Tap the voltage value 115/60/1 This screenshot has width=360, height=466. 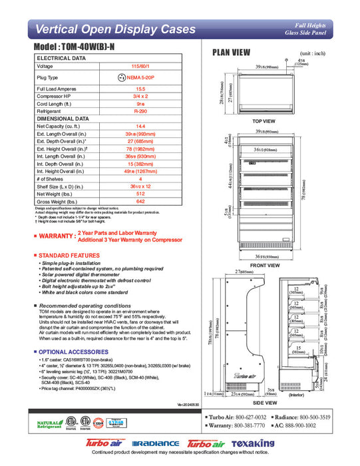[140, 67]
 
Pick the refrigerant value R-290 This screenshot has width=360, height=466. [140, 111]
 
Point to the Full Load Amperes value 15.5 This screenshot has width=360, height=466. [140, 89]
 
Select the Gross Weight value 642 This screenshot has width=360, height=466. [140, 201]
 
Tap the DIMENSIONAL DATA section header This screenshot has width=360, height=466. [67, 118]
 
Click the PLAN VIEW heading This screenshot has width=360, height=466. [231, 53]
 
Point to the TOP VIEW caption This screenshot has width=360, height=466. [264, 122]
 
